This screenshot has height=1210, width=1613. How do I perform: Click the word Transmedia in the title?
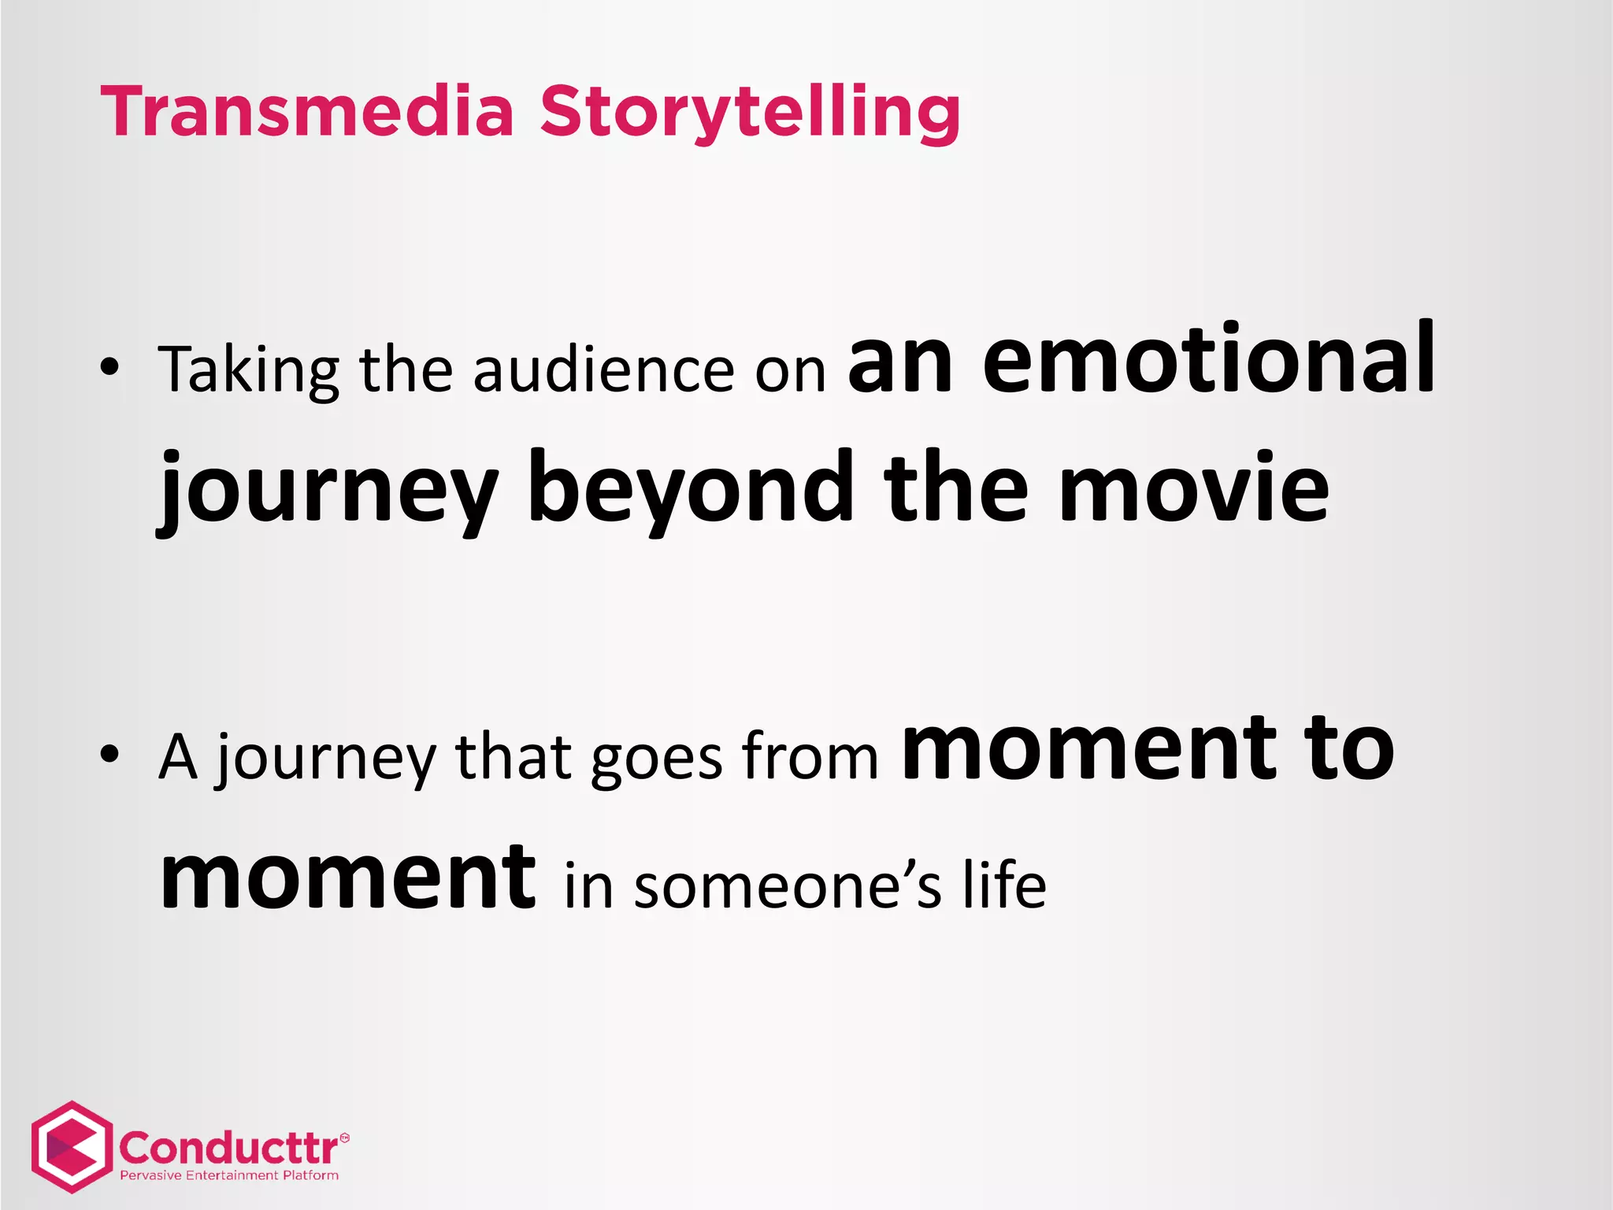click(x=307, y=112)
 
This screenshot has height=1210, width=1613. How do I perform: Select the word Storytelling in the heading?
click(x=750, y=113)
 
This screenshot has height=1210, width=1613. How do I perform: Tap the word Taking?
click(x=248, y=370)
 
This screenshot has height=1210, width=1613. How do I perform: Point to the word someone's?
click(x=787, y=886)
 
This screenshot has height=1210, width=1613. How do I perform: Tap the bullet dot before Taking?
click(x=109, y=367)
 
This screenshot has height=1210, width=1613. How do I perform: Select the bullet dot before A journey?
click(x=109, y=754)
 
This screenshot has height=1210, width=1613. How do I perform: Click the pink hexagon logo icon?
click(x=71, y=1147)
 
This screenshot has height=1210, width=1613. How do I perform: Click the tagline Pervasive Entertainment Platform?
click(x=229, y=1175)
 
